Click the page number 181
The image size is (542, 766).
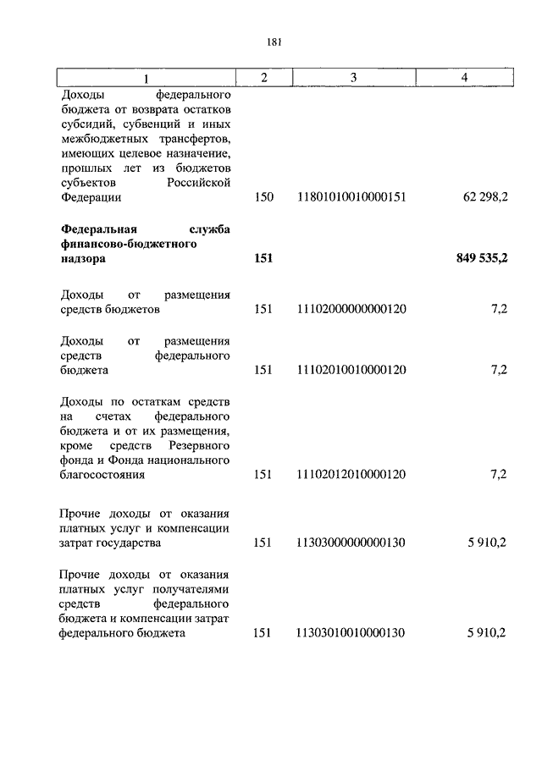[x=272, y=42]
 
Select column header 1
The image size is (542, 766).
[x=145, y=78]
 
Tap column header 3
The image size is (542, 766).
[x=352, y=78]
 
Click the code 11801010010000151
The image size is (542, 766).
[x=352, y=197]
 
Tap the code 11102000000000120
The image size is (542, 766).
[x=352, y=309]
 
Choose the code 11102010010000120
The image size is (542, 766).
[x=352, y=370]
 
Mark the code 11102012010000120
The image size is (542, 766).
[x=352, y=475]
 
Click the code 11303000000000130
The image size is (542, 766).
[x=352, y=543]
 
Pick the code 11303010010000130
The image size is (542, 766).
[x=352, y=632]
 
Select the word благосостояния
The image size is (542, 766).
[x=102, y=475]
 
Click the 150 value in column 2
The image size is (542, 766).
[x=263, y=197]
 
